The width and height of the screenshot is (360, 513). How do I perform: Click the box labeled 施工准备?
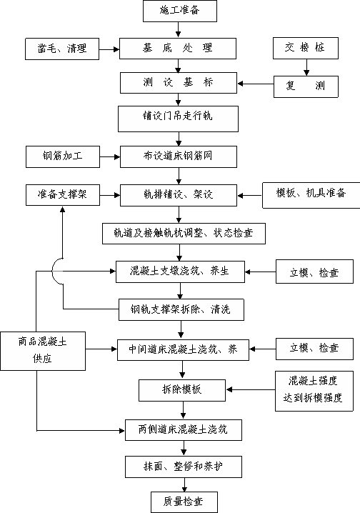pyautogui.click(x=180, y=11)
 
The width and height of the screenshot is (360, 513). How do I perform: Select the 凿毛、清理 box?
pyautogui.click(x=62, y=49)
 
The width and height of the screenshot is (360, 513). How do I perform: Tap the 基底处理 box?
pyautogui.click(x=178, y=49)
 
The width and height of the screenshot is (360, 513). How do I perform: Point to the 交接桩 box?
pyautogui.click(x=306, y=48)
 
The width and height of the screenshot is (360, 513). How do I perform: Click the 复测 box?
pyautogui.click(x=306, y=86)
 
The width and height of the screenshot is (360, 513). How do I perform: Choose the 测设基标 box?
pyautogui.click(x=179, y=83)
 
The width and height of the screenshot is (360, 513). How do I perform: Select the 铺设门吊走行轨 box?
pyautogui.click(x=178, y=119)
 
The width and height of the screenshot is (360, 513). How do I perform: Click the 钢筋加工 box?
pyautogui.click(x=63, y=157)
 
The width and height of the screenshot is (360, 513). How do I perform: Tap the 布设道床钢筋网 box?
pyautogui.click(x=179, y=156)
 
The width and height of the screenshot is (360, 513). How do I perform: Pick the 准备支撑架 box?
pyautogui.click(x=63, y=195)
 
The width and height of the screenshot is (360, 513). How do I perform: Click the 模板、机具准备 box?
pyautogui.click(x=311, y=196)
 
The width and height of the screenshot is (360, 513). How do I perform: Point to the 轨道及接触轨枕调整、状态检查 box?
pyautogui.click(x=184, y=234)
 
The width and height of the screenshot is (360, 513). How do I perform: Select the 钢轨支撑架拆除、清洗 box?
pyautogui.click(x=181, y=309)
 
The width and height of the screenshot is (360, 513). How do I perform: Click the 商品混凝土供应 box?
pyautogui.click(x=43, y=352)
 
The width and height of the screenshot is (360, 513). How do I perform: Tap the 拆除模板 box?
pyautogui.click(x=182, y=390)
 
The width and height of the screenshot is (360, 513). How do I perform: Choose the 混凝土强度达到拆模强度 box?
pyautogui.click(x=314, y=391)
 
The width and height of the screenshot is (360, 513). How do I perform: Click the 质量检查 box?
pyautogui.click(x=184, y=502)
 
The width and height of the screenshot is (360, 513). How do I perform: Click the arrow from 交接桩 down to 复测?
pyautogui.click(x=306, y=68)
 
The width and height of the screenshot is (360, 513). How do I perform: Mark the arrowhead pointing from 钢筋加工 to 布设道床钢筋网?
pyautogui.click(x=117, y=157)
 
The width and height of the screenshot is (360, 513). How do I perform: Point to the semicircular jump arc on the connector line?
pyautogui.click(x=53, y=272)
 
